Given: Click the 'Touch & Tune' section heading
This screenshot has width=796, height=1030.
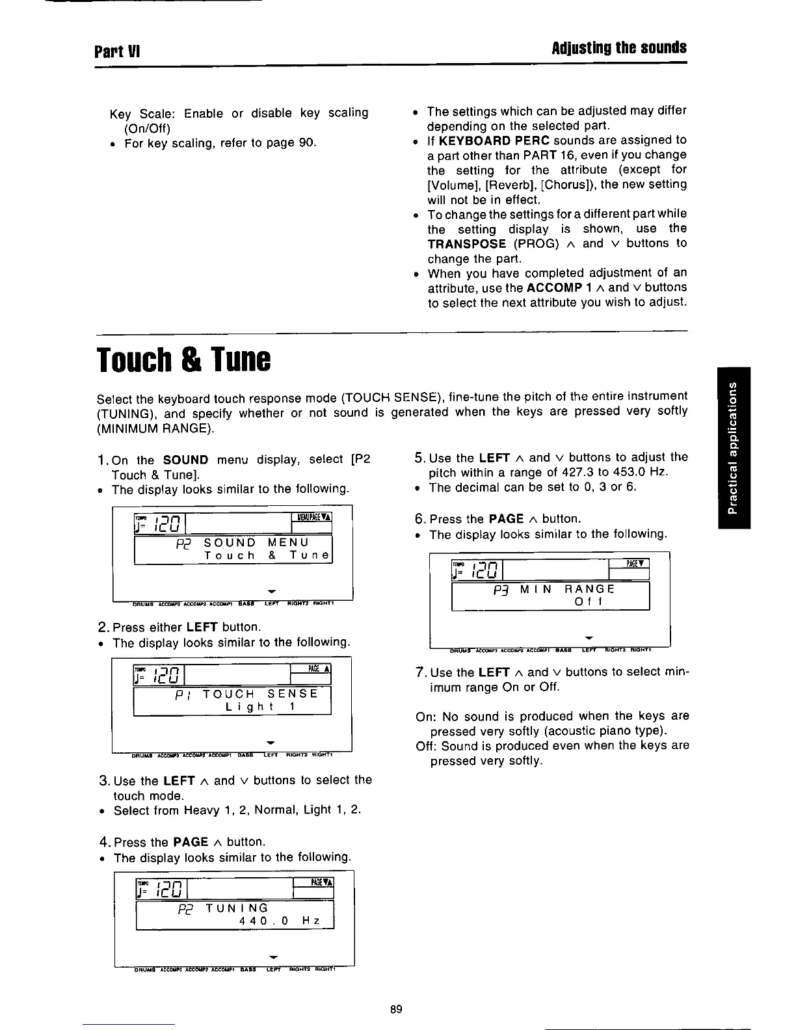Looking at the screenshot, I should (x=183, y=359).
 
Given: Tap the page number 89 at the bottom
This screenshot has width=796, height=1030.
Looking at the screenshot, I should (x=396, y=1009).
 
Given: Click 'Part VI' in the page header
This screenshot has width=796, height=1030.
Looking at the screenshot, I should (x=118, y=50).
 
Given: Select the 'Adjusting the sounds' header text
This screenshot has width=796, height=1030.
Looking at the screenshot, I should (x=618, y=48).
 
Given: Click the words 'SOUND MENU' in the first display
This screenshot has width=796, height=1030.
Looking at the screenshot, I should (x=256, y=542).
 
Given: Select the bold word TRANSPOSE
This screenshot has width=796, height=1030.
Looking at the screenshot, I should (x=466, y=244).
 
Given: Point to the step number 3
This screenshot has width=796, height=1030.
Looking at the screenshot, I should (x=103, y=780).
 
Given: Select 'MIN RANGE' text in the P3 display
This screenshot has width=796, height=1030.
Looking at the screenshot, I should (x=567, y=589).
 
